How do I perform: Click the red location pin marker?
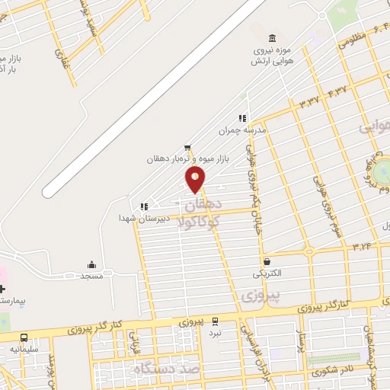(196, 180)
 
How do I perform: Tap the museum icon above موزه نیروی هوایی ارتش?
(272, 39)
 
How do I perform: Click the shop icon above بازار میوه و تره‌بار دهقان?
(188, 148)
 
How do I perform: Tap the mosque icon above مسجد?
(92, 265)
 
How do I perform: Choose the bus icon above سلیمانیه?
(25, 338)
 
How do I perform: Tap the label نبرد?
(216, 333)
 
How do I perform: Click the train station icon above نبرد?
(216, 321)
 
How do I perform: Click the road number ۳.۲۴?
(363, 247)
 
